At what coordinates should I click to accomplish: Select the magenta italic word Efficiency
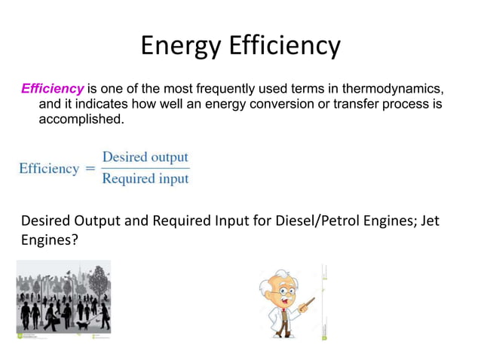pyautogui.click(x=52, y=89)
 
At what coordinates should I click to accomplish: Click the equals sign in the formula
pyautogui.click(x=90, y=169)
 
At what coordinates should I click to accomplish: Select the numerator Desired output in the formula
pyautogui.click(x=145, y=157)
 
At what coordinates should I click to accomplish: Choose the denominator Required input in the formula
pyautogui.click(x=145, y=179)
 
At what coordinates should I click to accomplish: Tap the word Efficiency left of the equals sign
pyautogui.click(x=49, y=169)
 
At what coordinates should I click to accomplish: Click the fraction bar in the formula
pyautogui.click(x=145, y=169)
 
